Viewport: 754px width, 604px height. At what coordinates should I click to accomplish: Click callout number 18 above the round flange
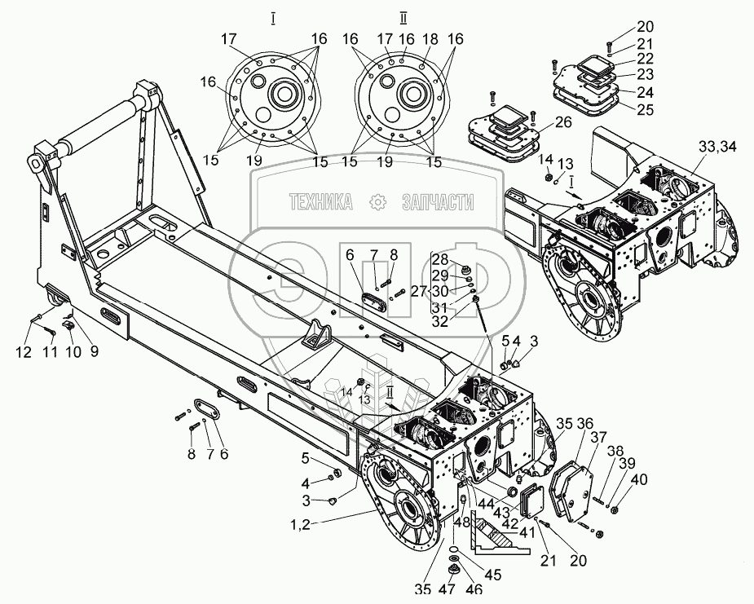coord(430,39)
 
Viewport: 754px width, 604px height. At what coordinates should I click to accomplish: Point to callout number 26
coord(562,124)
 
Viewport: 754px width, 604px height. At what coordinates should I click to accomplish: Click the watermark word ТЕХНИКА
coord(321,203)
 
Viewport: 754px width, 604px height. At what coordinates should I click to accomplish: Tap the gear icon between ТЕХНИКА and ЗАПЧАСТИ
coord(377,202)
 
